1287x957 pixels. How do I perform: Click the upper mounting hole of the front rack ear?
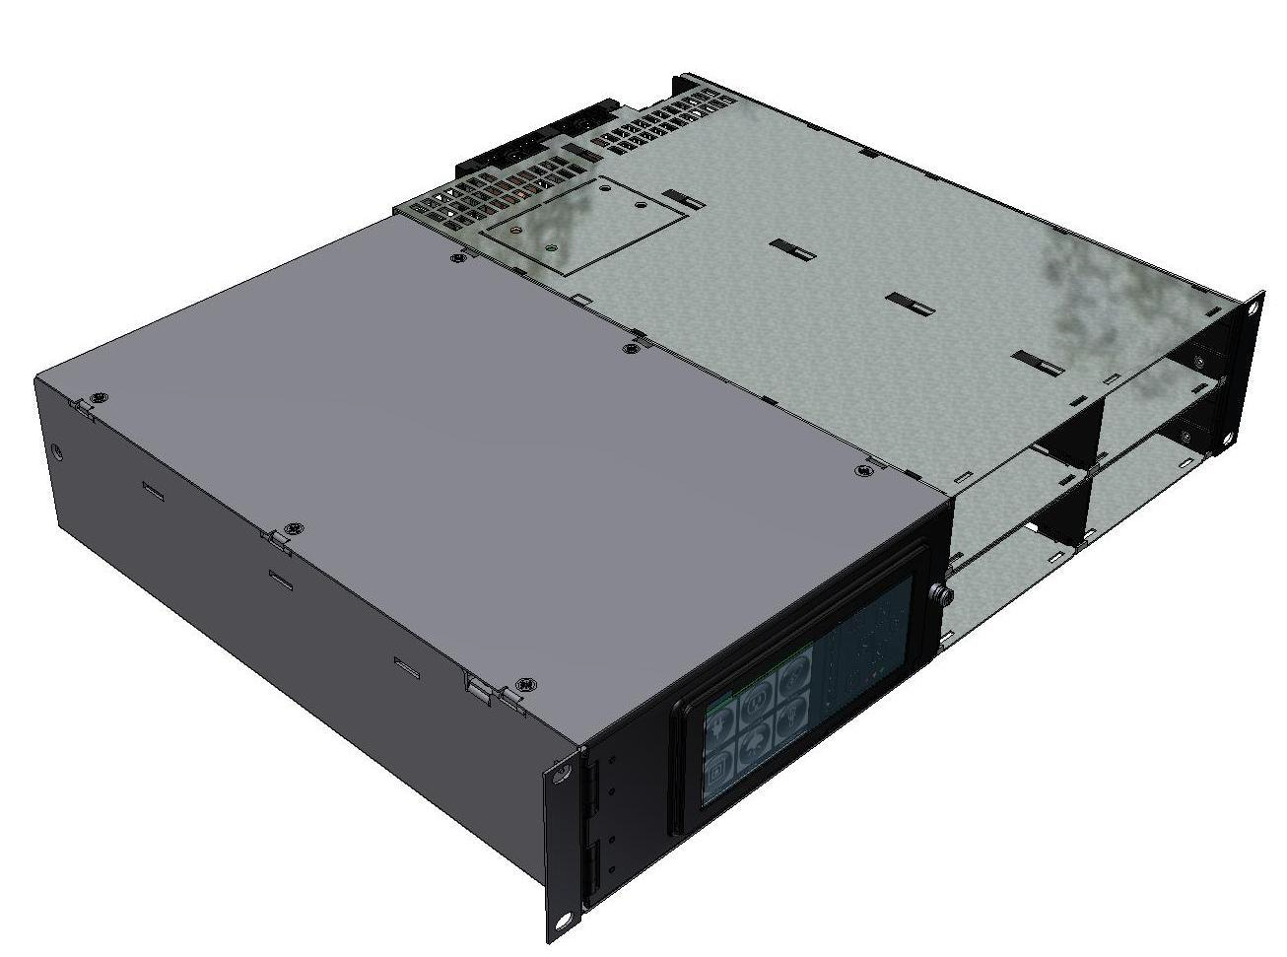tap(561, 773)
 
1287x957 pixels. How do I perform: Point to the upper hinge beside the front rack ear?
tap(592, 787)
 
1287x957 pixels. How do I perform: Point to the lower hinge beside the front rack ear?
tap(593, 867)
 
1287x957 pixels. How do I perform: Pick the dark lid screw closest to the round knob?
tap(864, 471)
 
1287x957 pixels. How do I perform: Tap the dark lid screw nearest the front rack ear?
tap(525, 683)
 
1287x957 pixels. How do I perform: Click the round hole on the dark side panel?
tap(57, 452)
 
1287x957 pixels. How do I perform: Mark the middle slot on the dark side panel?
tap(281, 578)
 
